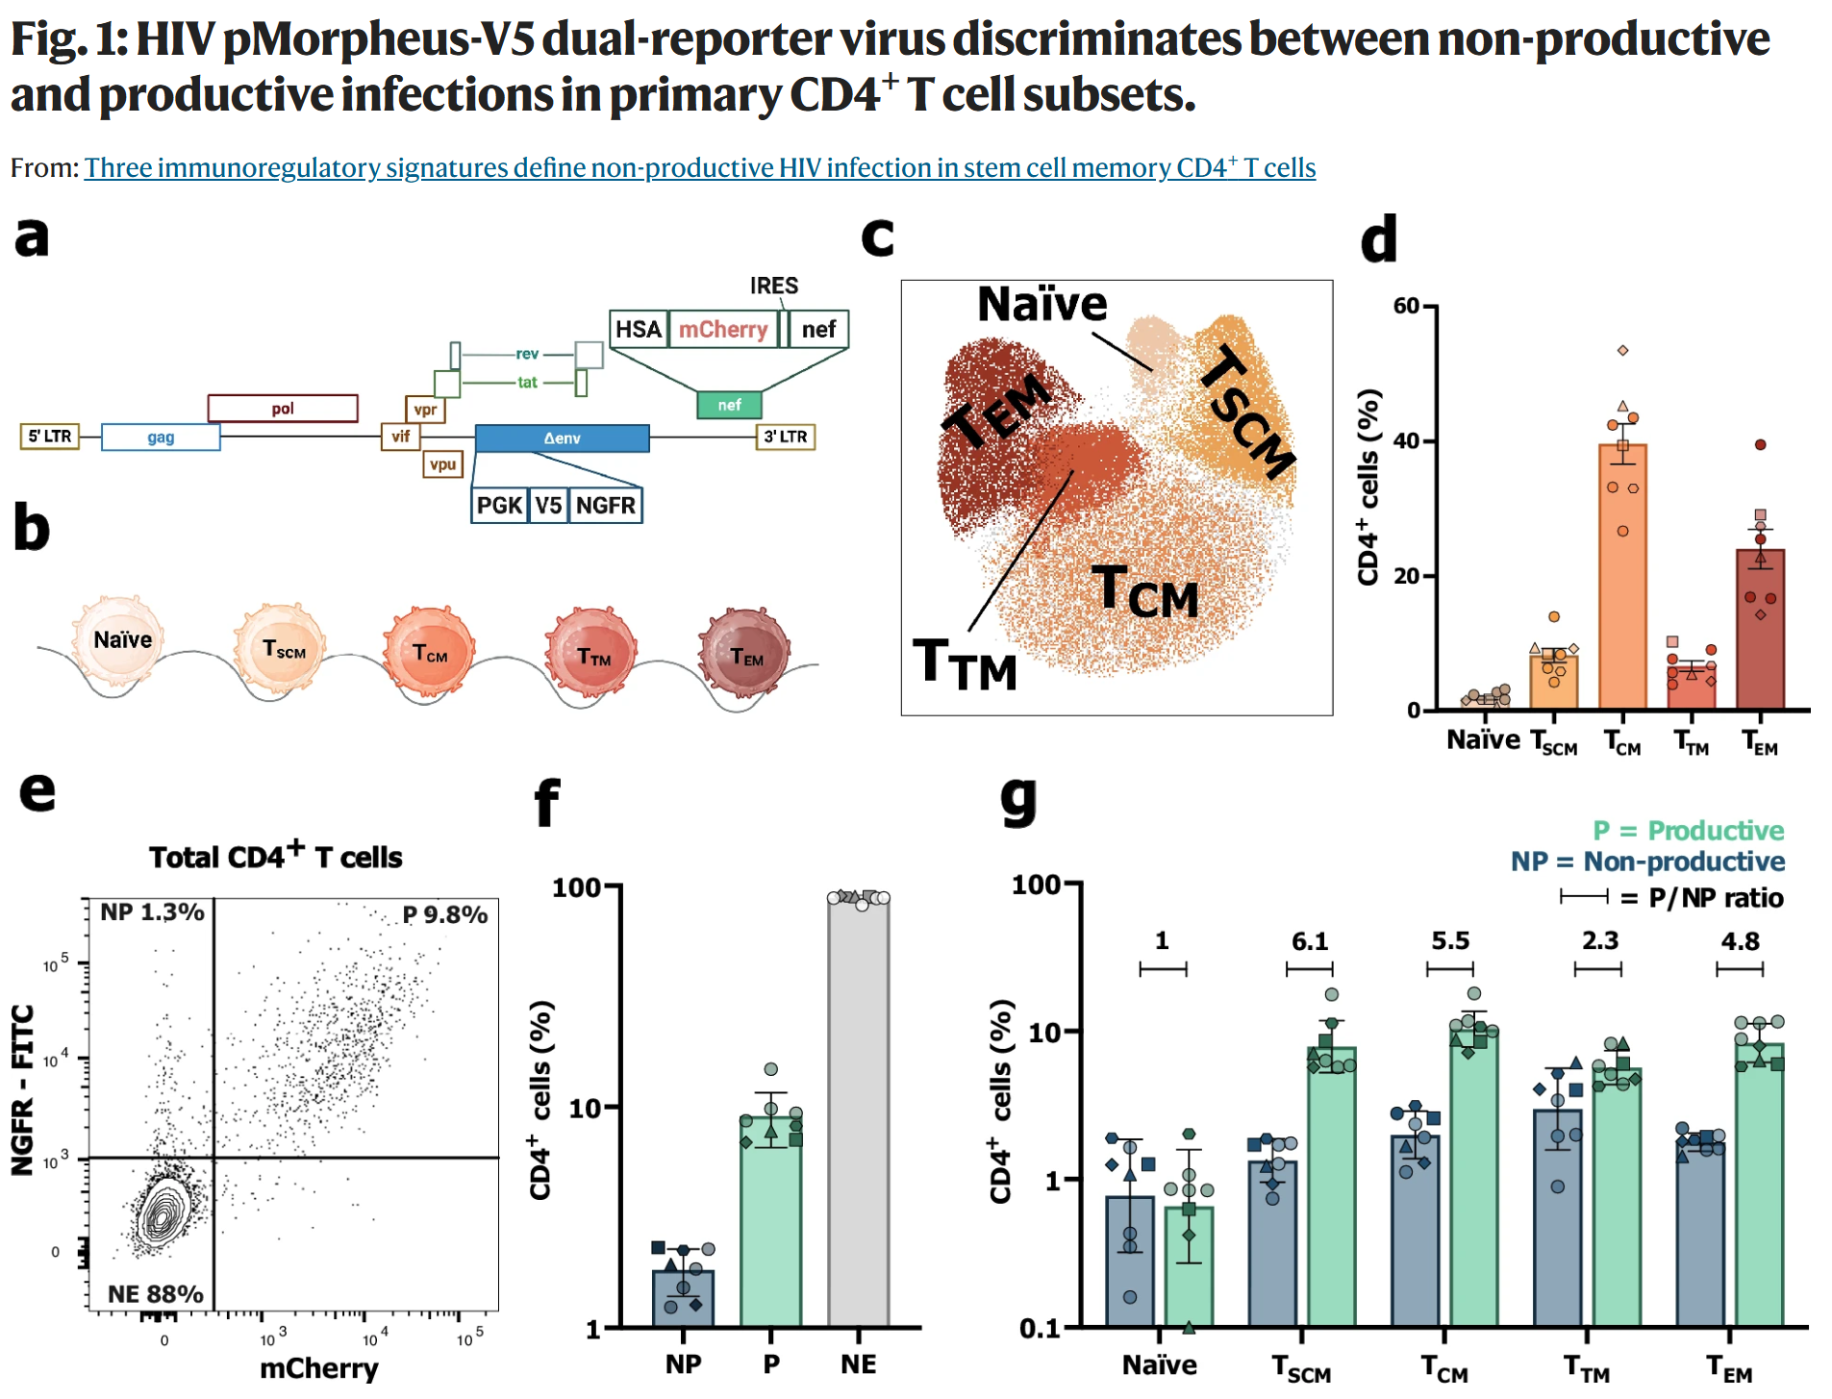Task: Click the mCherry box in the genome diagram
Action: tap(722, 329)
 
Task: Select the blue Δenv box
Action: tap(562, 437)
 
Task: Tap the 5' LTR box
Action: tap(50, 437)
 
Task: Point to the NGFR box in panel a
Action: tap(605, 505)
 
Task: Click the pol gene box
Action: tap(283, 408)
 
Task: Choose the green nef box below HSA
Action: tap(729, 405)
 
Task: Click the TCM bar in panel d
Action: tap(1622, 577)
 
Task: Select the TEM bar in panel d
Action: tap(1760, 630)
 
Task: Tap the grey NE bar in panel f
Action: tap(859, 1112)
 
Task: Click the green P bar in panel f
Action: tap(770, 1221)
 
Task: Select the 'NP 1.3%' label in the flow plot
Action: tap(152, 912)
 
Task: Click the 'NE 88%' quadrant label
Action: tap(155, 1293)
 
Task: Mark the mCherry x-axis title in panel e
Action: tap(319, 1367)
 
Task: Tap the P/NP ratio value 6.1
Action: tap(1309, 941)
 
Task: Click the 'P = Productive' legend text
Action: tap(1688, 830)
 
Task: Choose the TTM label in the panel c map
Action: tap(965, 663)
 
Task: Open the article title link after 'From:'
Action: tap(700, 167)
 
